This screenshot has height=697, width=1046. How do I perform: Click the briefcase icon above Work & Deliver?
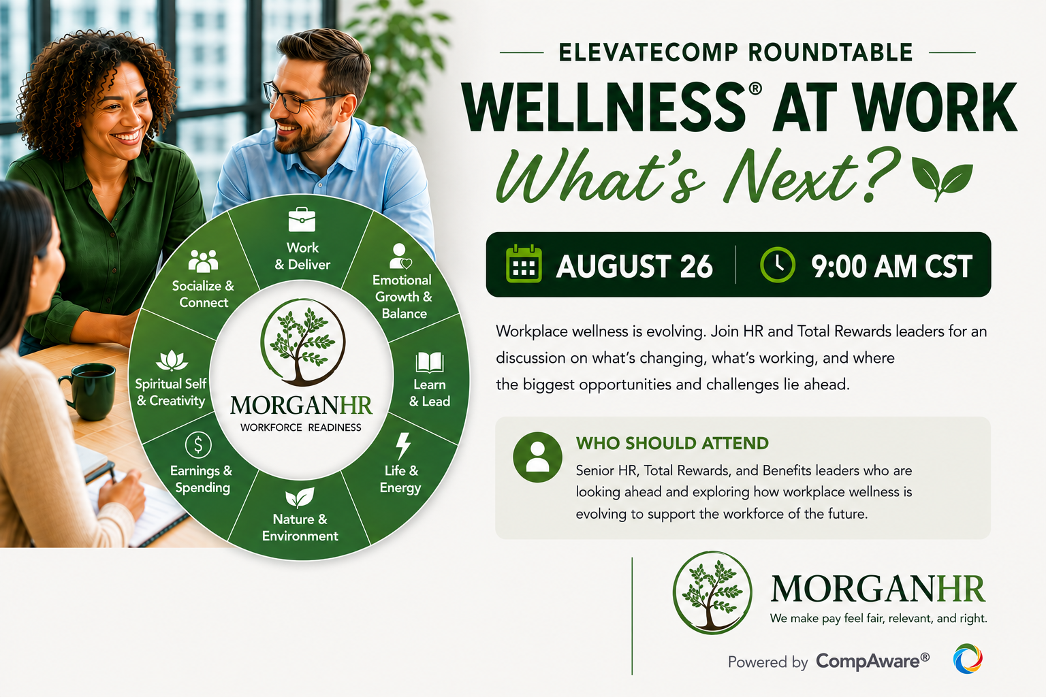click(302, 219)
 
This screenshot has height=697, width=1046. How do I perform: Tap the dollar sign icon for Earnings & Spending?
click(198, 445)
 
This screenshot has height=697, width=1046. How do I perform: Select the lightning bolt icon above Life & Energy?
click(403, 446)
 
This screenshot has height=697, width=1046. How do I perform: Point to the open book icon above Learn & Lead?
click(430, 362)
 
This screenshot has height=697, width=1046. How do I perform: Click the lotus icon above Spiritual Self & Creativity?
click(172, 360)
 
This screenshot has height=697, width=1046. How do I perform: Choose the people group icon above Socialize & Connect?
click(203, 261)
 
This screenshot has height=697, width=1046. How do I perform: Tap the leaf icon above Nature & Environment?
click(300, 498)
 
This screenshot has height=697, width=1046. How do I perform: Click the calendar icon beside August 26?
click(524, 264)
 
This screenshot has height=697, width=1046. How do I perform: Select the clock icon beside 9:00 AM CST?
click(778, 265)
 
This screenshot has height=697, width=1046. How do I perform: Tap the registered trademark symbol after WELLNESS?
click(755, 88)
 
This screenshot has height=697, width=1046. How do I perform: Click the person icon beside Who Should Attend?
click(537, 457)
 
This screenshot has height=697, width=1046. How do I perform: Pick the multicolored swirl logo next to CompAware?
click(968, 659)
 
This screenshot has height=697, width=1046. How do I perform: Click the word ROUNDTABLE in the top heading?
click(831, 52)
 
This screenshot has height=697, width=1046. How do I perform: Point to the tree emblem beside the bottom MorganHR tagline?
click(712, 592)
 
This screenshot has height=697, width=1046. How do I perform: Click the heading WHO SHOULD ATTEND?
click(672, 443)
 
